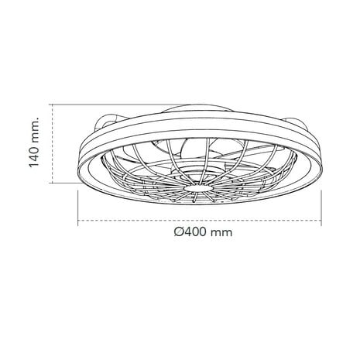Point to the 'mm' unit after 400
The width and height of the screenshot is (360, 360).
225,231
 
